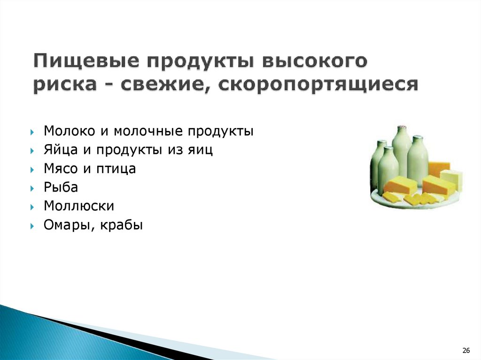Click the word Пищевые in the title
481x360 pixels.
pos(85,61)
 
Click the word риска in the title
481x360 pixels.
pos(65,84)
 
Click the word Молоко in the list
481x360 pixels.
pos(70,130)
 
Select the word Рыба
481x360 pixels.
pos(61,187)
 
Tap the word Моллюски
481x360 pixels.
pos(79,206)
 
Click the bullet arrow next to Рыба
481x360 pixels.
pos(32,188)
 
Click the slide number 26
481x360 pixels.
pos(466,350)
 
